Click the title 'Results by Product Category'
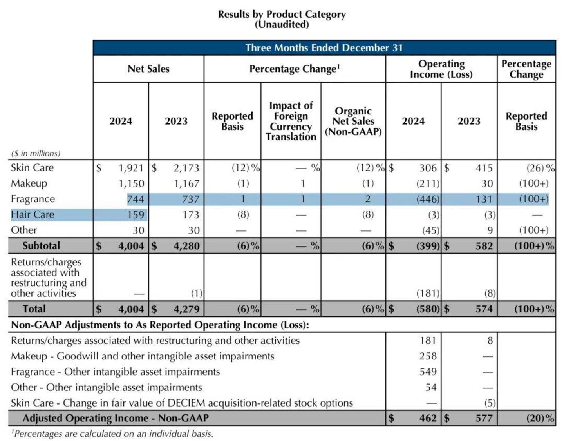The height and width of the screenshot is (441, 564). click(x=282, y=15)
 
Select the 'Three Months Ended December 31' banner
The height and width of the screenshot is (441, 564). click(x=324, y=48)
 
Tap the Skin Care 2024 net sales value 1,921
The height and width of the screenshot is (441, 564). click(x=131, y=168)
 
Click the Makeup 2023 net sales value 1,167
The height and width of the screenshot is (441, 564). click(x=186, y=183)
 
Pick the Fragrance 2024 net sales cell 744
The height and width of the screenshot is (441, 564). click(x=136, y=199)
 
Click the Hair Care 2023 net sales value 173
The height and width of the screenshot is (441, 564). click(x=191, y=215)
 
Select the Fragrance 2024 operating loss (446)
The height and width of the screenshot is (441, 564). click(x=428, y=199)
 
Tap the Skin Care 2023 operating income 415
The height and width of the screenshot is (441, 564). click(x=484, y=168)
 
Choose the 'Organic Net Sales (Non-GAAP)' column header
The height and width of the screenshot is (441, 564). click(x=353, y=121)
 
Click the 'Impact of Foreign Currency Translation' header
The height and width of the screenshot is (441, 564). click(x=291, y=121)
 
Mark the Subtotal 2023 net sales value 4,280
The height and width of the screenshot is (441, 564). click(x=186, y=246)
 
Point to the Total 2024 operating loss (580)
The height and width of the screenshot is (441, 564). click(x=428, y=309)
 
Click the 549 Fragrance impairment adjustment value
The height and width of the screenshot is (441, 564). click(x=428, y=372)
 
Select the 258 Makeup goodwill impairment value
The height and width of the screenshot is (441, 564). click(x=428, y=356)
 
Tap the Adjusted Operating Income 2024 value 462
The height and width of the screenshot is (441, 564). click(x=428, y=418)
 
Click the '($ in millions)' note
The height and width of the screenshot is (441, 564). click(x=36, y=153)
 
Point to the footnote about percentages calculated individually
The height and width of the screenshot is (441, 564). click(x=112, y=434)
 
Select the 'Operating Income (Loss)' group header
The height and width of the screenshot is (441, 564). click(x=441, y=69)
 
